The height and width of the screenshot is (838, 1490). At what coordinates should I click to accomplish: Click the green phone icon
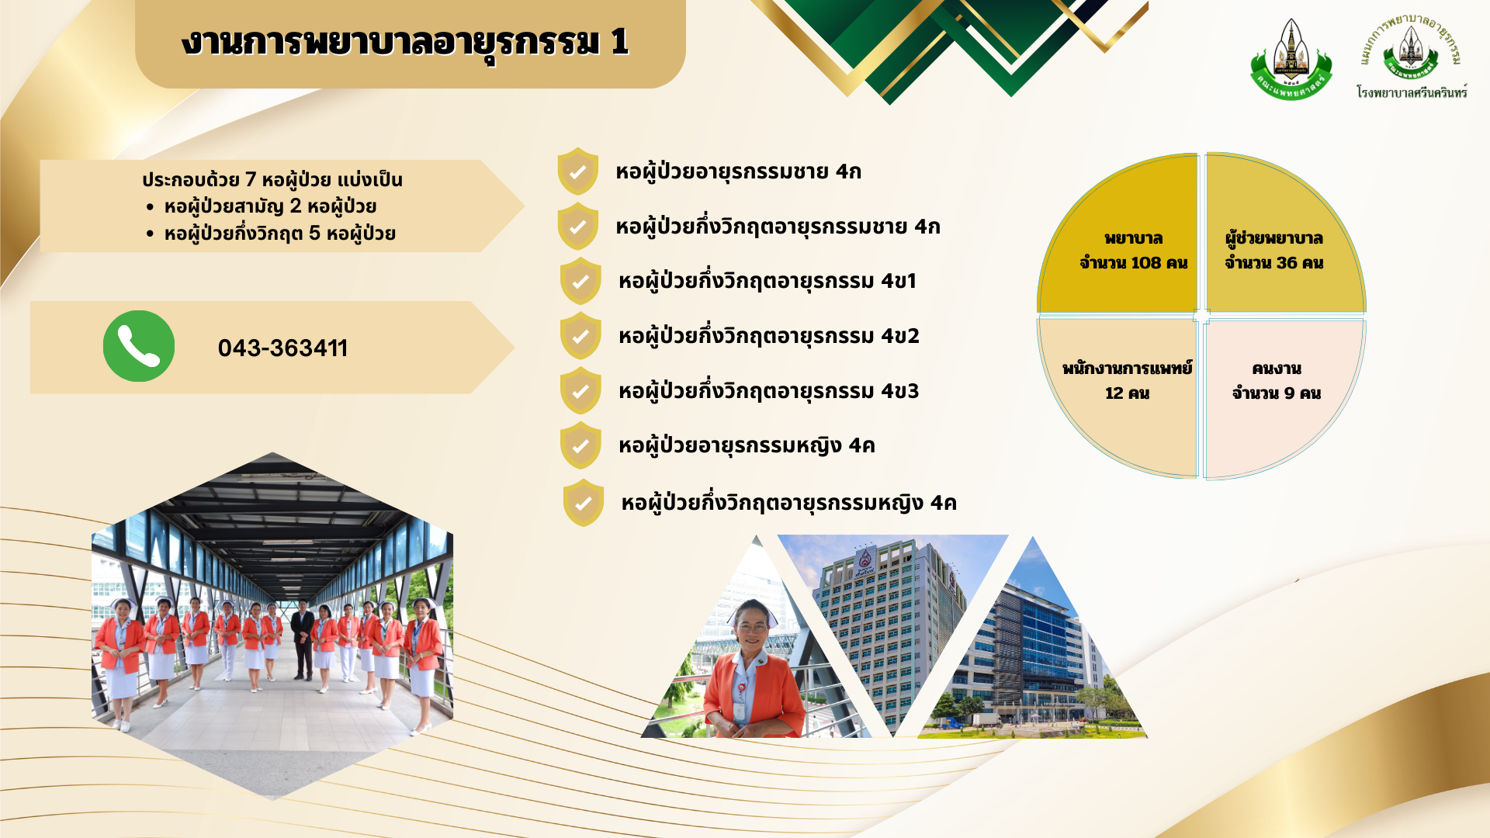tap(139, 346)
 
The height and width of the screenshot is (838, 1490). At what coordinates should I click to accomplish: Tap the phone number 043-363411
tap(282, 348)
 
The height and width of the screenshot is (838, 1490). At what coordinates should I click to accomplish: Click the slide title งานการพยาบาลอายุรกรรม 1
tap(405, 42)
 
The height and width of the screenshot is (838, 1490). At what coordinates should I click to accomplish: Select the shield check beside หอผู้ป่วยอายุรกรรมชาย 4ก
tap(577, 171)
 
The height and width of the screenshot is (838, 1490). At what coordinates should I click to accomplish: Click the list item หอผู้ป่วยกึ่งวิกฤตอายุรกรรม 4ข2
tap(769, 336)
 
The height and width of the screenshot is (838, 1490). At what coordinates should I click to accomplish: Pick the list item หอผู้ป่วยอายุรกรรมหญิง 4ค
tap(747, 446)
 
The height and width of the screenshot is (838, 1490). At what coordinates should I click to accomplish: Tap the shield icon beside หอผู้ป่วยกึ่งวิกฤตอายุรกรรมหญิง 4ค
tap(584, 503)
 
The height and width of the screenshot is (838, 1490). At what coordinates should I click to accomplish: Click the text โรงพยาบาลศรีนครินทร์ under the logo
tap(1412, 92)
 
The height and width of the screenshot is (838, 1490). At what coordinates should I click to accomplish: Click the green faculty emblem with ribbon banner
tap(1291, 61)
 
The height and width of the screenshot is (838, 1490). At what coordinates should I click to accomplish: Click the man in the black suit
tap(303, 640)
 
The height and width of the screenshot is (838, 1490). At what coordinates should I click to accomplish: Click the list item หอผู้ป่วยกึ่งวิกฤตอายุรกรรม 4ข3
tap(769, 391)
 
